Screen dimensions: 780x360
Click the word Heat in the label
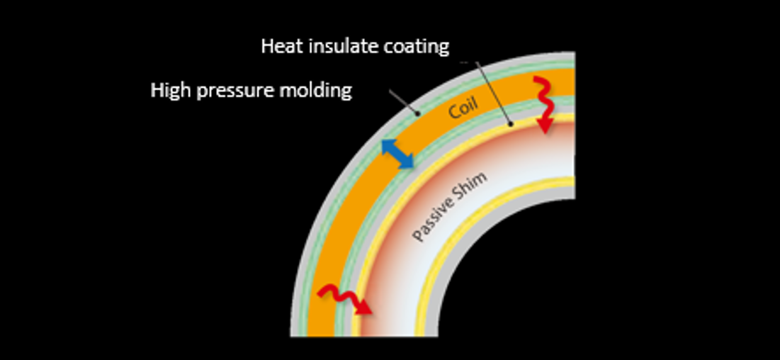click(281, 46)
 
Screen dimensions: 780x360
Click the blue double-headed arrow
click(397, 154)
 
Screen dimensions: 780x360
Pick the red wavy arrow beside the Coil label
click(545, 105)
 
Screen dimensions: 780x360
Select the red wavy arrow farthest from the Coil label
click(344, 299)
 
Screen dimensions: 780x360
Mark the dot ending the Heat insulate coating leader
click(510, 123)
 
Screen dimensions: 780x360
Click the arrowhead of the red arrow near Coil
click(546, 125)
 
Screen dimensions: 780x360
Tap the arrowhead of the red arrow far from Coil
click(363, 307)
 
